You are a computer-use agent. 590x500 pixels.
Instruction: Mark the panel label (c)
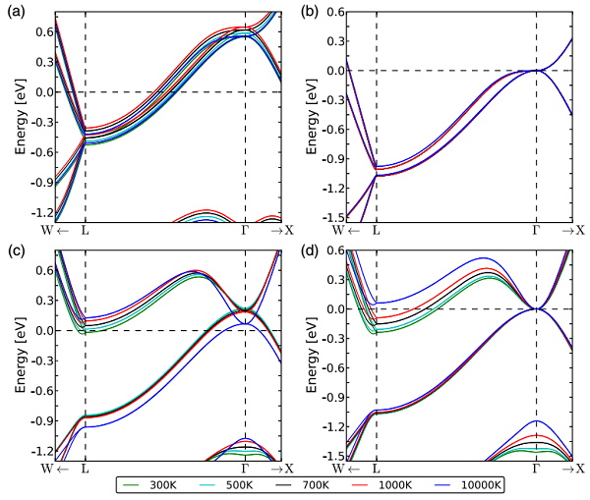pyautogui.click(x=18, y=249)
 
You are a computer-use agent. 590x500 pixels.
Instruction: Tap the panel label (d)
pyautogui.click(x=310, y=249)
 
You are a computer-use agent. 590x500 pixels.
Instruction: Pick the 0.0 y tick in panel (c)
pyautogui.click(x=40, y=331)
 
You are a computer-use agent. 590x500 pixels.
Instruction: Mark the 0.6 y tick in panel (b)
pyautogui.click(x=332, y=12)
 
